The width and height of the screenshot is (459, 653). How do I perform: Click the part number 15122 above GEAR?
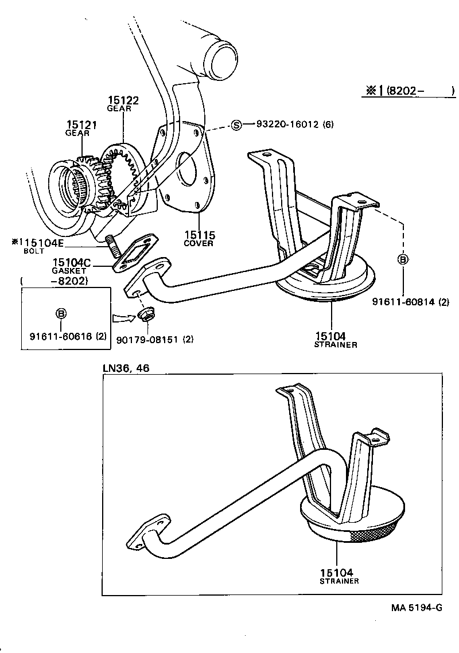(123, 100)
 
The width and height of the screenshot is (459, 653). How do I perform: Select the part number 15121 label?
(81, 125)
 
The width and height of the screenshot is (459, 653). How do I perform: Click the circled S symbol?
(236, 125)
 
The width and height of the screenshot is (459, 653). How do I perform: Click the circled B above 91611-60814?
(403, 259)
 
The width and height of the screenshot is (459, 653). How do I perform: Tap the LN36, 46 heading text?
(126, 368)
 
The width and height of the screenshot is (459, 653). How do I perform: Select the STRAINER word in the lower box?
(339, 581)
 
